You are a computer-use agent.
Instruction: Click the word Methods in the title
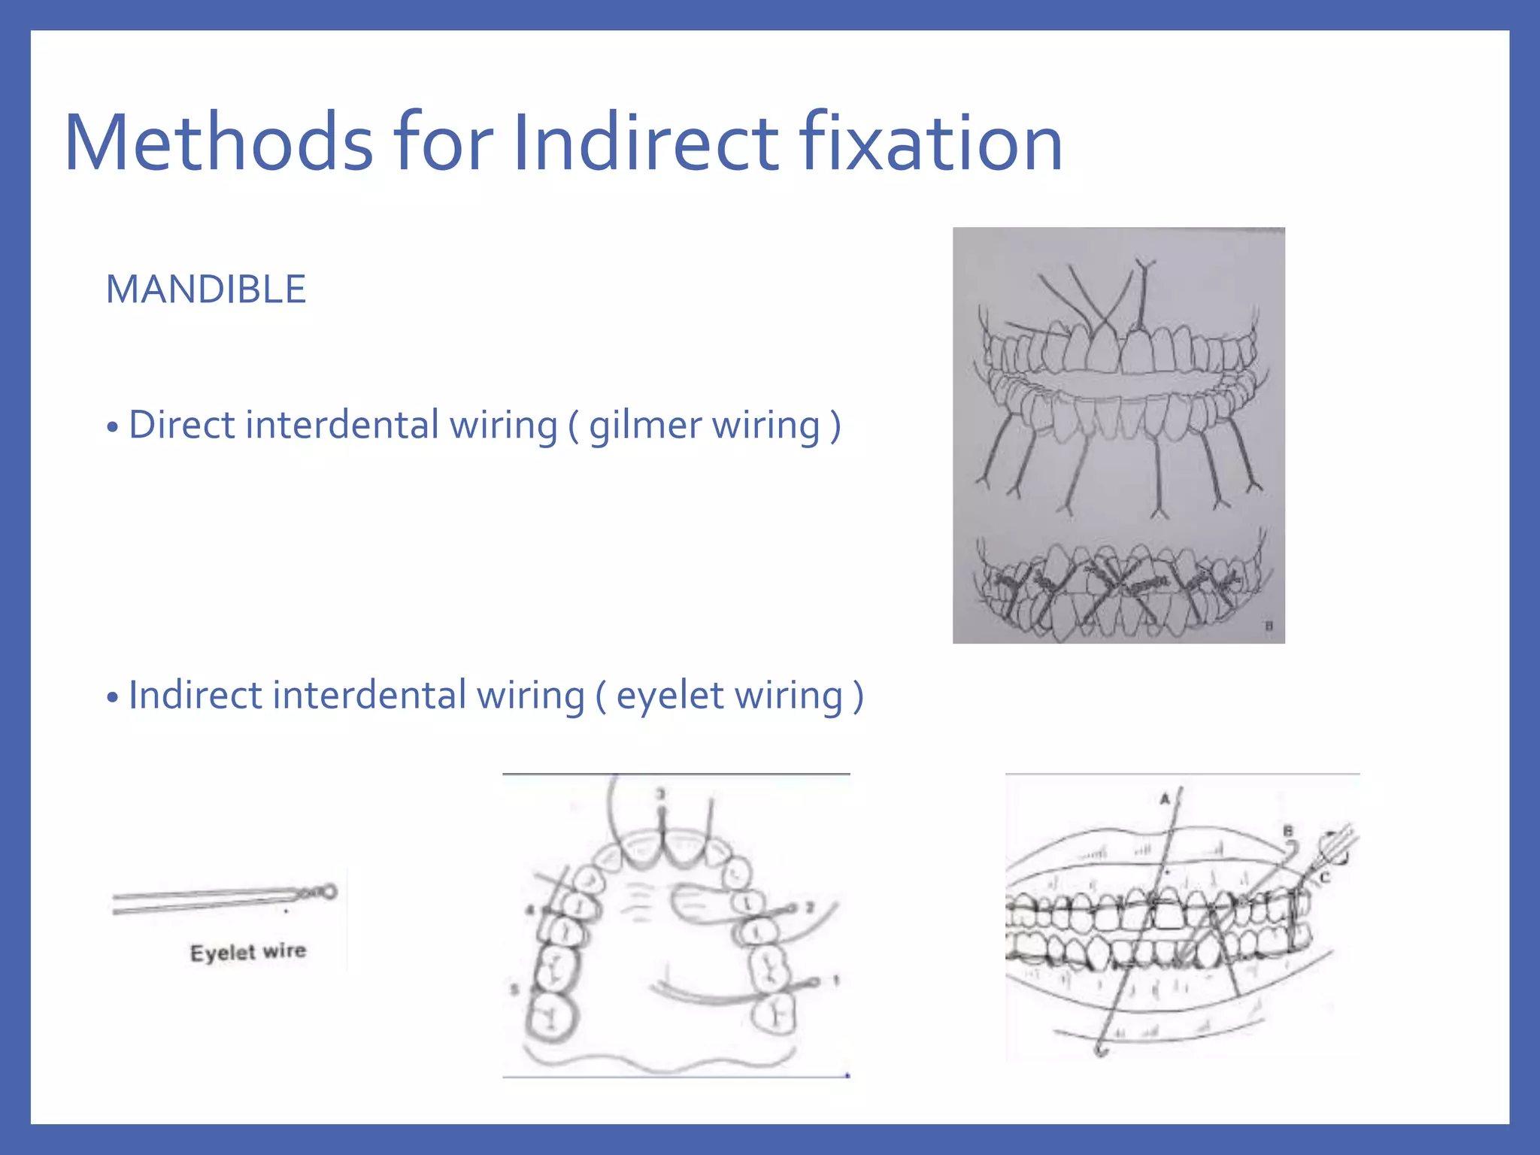click(218, 143)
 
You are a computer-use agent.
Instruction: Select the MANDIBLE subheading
click(206, 290)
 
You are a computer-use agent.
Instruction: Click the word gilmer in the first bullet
click(644, 426)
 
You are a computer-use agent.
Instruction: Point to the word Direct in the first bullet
click(183, 425)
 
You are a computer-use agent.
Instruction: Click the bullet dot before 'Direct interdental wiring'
click(113, 428)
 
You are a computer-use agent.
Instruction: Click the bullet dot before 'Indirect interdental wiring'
click(113, 698)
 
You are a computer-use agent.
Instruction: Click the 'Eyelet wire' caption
click(248, 952)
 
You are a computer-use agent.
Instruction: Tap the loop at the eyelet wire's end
click(329, 893)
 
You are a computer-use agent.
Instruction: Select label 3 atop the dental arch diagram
click(661, 794)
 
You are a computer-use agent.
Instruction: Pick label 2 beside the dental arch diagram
click(810, 908)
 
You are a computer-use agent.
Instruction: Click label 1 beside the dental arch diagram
click(835, 981)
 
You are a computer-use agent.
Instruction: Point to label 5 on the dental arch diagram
click(514, 989)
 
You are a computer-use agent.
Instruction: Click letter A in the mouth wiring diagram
click(1165, 799)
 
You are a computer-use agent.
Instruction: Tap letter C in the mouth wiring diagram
click(1325, 877)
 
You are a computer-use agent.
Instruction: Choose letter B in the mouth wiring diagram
click(1288, 831)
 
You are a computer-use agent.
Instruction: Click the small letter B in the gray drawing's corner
click(1269, 626)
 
